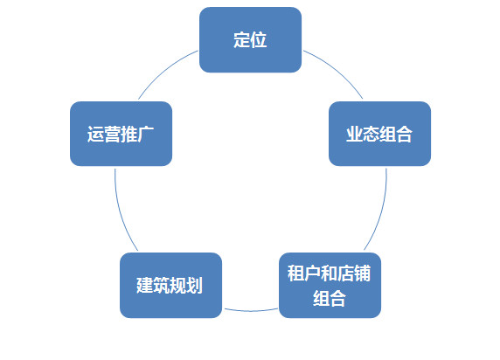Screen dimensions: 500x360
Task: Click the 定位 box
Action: (x=250, y=40)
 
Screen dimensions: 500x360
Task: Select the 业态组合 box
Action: (x=379, y=134)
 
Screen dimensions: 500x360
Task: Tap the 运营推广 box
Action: (x=121, y=134)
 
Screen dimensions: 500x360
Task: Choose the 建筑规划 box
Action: (x=170, y=286)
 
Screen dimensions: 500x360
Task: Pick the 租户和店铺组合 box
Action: (x=330, y=286)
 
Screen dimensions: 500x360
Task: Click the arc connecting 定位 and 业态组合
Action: (x=337, y=70)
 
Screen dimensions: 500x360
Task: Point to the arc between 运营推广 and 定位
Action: (x=164, y=71)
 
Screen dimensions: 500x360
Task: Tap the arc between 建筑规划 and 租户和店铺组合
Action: (x=251, y=310)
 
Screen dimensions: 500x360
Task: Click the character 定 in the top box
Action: (x=242, y=40)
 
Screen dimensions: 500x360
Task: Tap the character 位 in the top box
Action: (x=259, y=40)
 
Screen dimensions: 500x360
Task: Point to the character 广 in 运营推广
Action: (x=146, y=135)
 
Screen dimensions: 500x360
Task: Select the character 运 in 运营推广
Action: (x=95, y=135)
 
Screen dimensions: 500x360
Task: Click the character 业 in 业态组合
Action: (x=355, y=135)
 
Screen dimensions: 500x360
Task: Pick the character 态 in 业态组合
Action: (x=372, y=135)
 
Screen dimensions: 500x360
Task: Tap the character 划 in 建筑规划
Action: (x=195, y=286)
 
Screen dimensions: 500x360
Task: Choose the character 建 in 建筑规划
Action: (x=145, y=286)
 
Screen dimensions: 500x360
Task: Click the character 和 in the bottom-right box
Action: (x=329, y=273)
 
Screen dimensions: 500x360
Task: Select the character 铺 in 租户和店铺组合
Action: (x=362, y=273)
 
